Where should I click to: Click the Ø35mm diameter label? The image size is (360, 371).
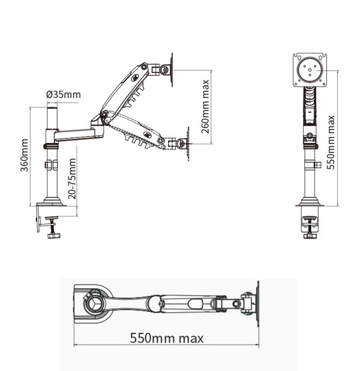[63, 95]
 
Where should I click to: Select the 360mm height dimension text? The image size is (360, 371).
[25, 155]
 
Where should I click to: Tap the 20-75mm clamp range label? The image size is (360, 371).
[72, 178]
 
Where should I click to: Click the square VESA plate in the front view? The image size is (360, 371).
[310, 70]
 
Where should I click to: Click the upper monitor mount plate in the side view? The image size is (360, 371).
[172, 70]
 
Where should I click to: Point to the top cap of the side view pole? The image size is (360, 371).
[52, 106]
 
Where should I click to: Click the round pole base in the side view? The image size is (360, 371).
[53, 201]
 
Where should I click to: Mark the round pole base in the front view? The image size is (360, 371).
[310, 202]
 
